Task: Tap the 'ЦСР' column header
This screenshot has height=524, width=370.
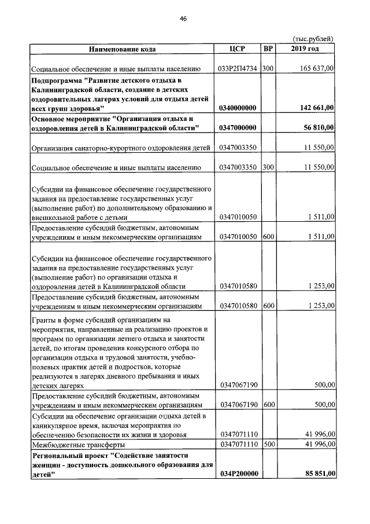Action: point(238,49)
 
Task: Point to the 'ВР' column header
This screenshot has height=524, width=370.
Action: point(268,49)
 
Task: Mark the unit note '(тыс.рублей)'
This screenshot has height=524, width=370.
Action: point(313,38)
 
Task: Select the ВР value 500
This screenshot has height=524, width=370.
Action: point(268,445)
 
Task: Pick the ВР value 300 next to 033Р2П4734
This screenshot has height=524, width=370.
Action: point(268,68)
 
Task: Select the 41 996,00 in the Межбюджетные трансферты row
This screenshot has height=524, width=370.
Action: point(318,445)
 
